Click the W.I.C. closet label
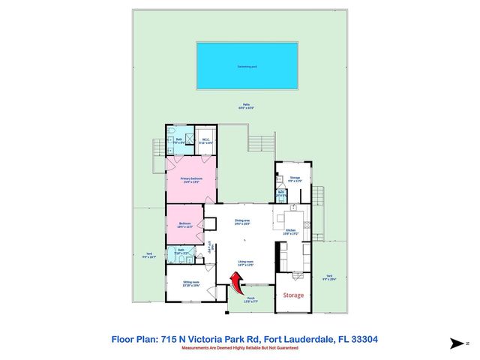point(205,139)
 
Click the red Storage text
point(293,295)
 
